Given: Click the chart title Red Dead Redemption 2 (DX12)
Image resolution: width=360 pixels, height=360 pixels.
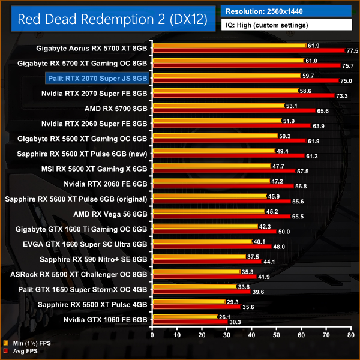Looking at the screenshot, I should (x=113, y=19).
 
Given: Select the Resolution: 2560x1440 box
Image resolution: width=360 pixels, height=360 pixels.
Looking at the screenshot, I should (x=286, y=11).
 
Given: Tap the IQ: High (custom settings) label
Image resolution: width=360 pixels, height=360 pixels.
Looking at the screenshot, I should (x=286, y=25).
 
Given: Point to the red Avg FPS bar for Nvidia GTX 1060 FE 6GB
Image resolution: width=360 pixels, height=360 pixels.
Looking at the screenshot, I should (x=190, y=322).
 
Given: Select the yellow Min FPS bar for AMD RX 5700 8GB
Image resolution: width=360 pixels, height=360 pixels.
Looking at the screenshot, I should (x=217, y=106).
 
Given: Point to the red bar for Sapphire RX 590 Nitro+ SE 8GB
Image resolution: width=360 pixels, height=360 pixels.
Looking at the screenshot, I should (x=208, y=261).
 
